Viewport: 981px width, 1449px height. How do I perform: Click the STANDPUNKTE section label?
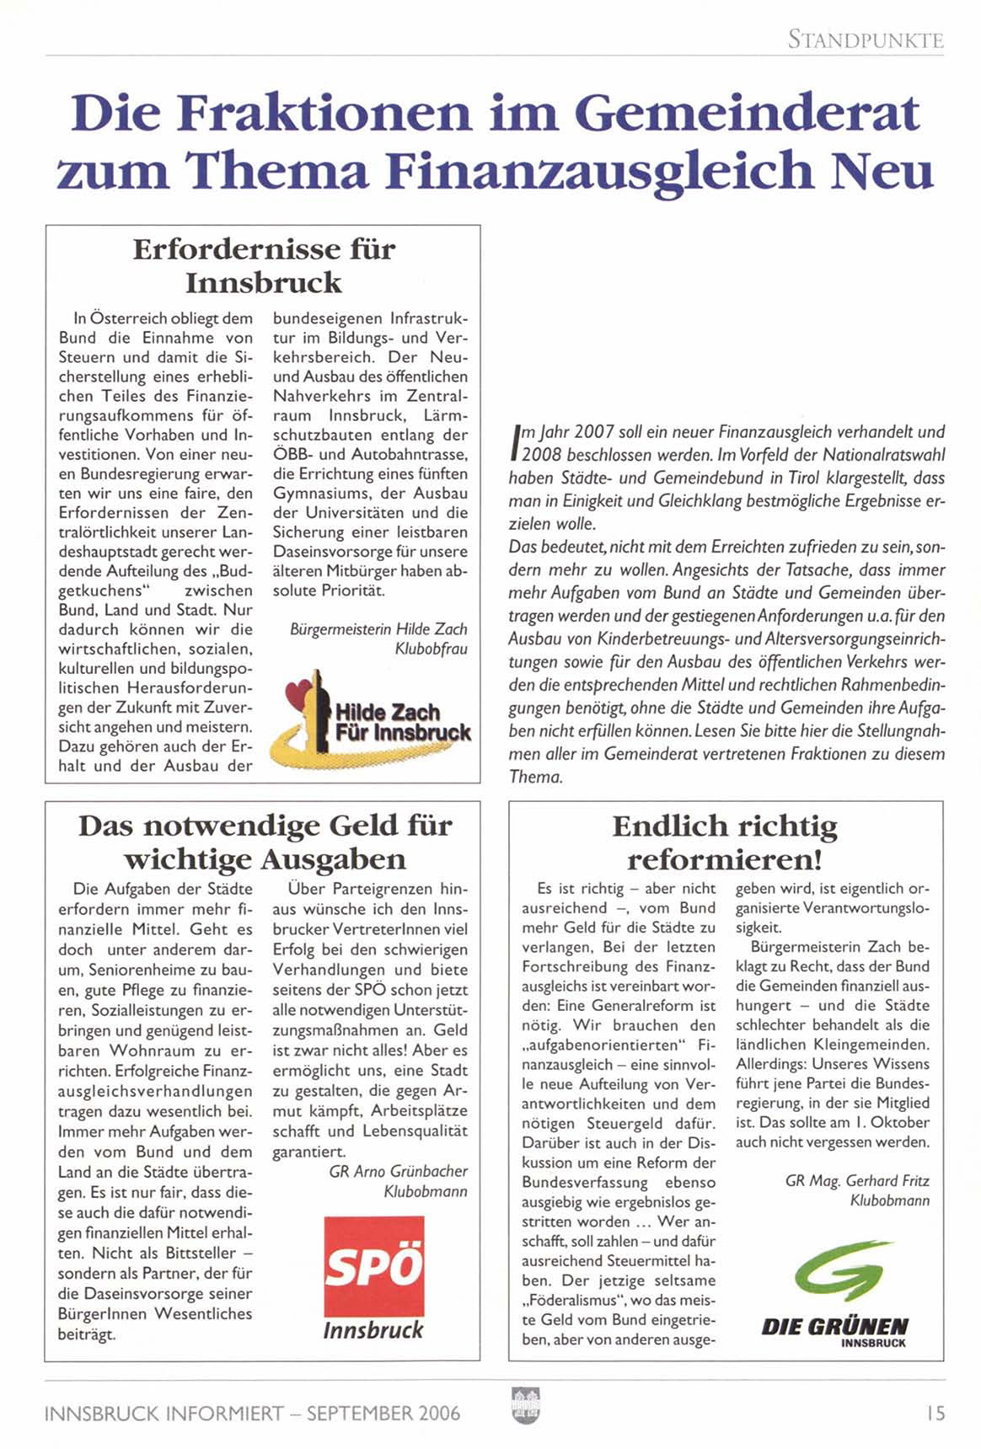(866, 40)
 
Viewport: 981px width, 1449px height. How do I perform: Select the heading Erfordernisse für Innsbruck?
(264, 265)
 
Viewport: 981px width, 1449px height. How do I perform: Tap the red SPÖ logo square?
(373, 1266)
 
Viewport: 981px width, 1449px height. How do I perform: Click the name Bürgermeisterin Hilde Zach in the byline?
(378, 629)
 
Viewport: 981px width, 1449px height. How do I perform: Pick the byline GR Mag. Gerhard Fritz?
(857, 1180)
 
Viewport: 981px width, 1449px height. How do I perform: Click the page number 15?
(935, 1413)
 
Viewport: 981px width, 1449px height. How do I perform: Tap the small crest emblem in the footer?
(526, 1406)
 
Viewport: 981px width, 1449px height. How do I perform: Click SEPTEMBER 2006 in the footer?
(383, 1413)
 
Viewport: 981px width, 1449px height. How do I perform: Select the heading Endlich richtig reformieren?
(725, 842)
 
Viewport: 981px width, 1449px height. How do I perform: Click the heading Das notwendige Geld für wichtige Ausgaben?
(265, 842)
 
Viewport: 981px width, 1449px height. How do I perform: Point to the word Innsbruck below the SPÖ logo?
(373, 1330)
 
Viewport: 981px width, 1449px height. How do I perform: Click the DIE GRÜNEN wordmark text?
(834, 1327)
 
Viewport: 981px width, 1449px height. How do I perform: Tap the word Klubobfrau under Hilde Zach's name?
(431, 650)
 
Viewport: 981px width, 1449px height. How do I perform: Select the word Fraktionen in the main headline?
(324, 113)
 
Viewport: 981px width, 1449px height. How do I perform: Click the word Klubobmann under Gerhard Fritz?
(889, 1200)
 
